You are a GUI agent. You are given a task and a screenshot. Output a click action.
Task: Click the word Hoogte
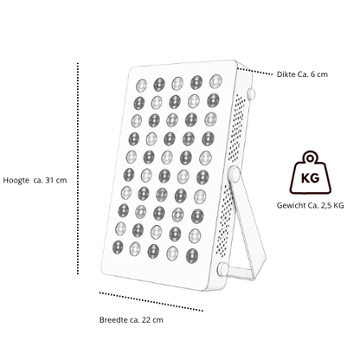[16, 181]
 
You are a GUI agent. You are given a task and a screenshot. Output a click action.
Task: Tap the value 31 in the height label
[49, 180]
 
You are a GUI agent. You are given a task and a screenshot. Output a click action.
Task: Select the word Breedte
[113, 320]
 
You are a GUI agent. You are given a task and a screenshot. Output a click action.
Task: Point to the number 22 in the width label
[146, 320]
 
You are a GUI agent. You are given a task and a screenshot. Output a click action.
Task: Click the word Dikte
[286, 74]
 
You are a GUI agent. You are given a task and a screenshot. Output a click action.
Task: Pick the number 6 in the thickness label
[313, 74]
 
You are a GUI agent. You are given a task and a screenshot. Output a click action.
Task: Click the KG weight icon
[310, 172]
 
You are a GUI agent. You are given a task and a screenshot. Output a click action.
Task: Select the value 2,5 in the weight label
[325, 206]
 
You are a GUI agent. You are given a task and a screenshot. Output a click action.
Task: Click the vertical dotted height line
[78, 168]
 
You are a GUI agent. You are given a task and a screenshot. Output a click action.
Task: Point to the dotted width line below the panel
[151, 302]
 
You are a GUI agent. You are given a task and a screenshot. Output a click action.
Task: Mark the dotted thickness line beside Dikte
[254, 72]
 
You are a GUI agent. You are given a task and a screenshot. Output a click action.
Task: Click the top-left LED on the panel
[141, 86]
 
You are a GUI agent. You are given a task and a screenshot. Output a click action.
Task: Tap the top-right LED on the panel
[215, 81]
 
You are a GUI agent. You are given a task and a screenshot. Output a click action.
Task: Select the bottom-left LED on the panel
[118, 247]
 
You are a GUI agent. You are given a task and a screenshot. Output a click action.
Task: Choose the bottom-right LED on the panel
[192, 256]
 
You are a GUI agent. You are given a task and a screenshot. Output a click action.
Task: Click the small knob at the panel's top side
[251, 93]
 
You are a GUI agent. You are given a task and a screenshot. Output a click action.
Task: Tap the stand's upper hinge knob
[234, 174]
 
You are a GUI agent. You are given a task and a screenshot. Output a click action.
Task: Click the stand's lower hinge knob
[222, 269]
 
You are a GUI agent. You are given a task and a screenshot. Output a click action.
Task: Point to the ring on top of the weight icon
[310, 158]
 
